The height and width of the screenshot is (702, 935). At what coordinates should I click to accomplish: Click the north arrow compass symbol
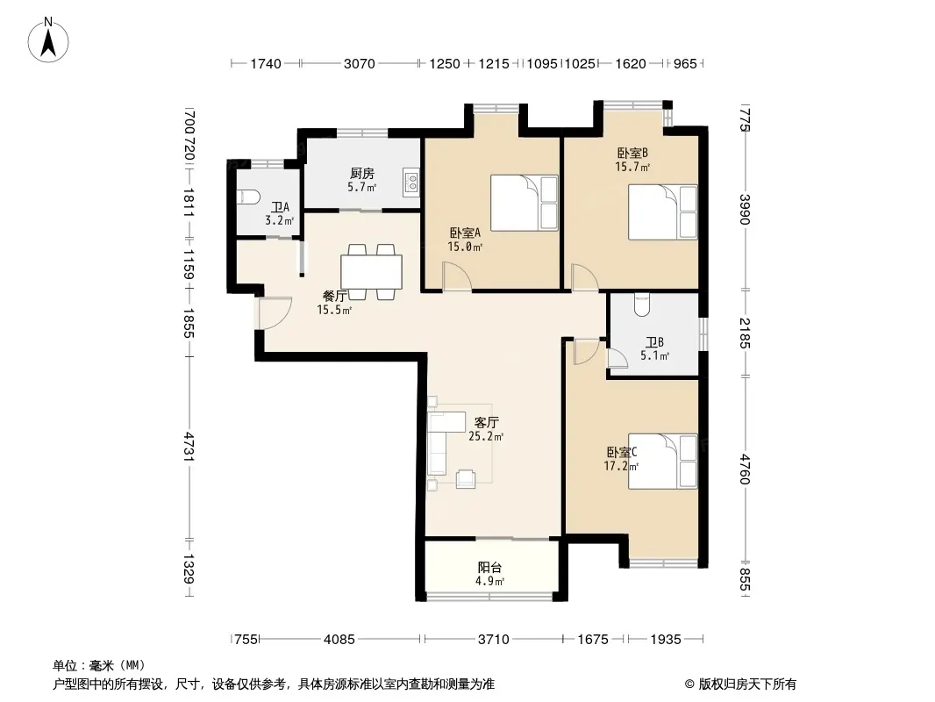pos(48,40)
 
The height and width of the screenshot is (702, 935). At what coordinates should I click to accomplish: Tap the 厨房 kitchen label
pos(362,173)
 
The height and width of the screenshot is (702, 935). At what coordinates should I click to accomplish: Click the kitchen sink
pos(410,182)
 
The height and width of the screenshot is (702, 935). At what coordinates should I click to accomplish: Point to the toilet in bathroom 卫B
pos(642,304)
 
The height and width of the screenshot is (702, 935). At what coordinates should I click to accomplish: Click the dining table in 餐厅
pos(371,272)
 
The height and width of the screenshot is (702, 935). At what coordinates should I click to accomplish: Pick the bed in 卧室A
pos(525,203)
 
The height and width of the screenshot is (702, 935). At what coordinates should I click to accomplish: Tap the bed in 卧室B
pos(662,212)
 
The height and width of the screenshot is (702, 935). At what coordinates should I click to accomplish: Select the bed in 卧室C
pos(662,461)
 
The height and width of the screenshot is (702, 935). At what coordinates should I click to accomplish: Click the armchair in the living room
pos(466,479)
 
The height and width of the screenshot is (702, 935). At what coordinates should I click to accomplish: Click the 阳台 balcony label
pos(489,567)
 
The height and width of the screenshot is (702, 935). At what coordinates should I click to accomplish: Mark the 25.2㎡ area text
pos(486,436)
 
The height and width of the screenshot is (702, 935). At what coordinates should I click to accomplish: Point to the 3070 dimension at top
pos(359,63)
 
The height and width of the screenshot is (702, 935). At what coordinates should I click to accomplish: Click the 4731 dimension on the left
pos(189,446)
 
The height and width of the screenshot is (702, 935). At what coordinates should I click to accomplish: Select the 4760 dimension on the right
pos(745,469)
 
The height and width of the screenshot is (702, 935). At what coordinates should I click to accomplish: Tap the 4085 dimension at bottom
pos(339,640)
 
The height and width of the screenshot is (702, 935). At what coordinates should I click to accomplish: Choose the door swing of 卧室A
pos(457,277)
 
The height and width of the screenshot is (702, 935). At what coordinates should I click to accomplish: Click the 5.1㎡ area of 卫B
pos(654,356)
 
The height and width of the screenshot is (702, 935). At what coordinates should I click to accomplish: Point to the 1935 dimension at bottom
pos(666,640)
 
